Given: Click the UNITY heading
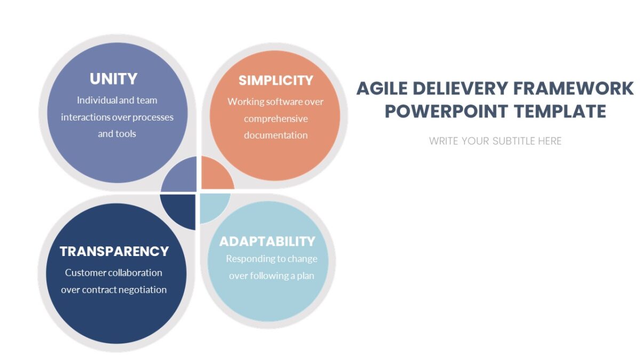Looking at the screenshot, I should [114, 79].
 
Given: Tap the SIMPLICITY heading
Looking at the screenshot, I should [276, 81].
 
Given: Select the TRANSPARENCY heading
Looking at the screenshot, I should [114, 251].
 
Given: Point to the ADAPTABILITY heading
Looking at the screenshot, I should [268, 241].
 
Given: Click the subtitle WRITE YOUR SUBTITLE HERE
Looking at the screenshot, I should [495, 141].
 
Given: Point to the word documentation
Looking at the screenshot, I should [276, 135].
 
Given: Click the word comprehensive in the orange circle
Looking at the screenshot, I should [276, 118].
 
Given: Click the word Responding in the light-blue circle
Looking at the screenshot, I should [249, 259].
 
